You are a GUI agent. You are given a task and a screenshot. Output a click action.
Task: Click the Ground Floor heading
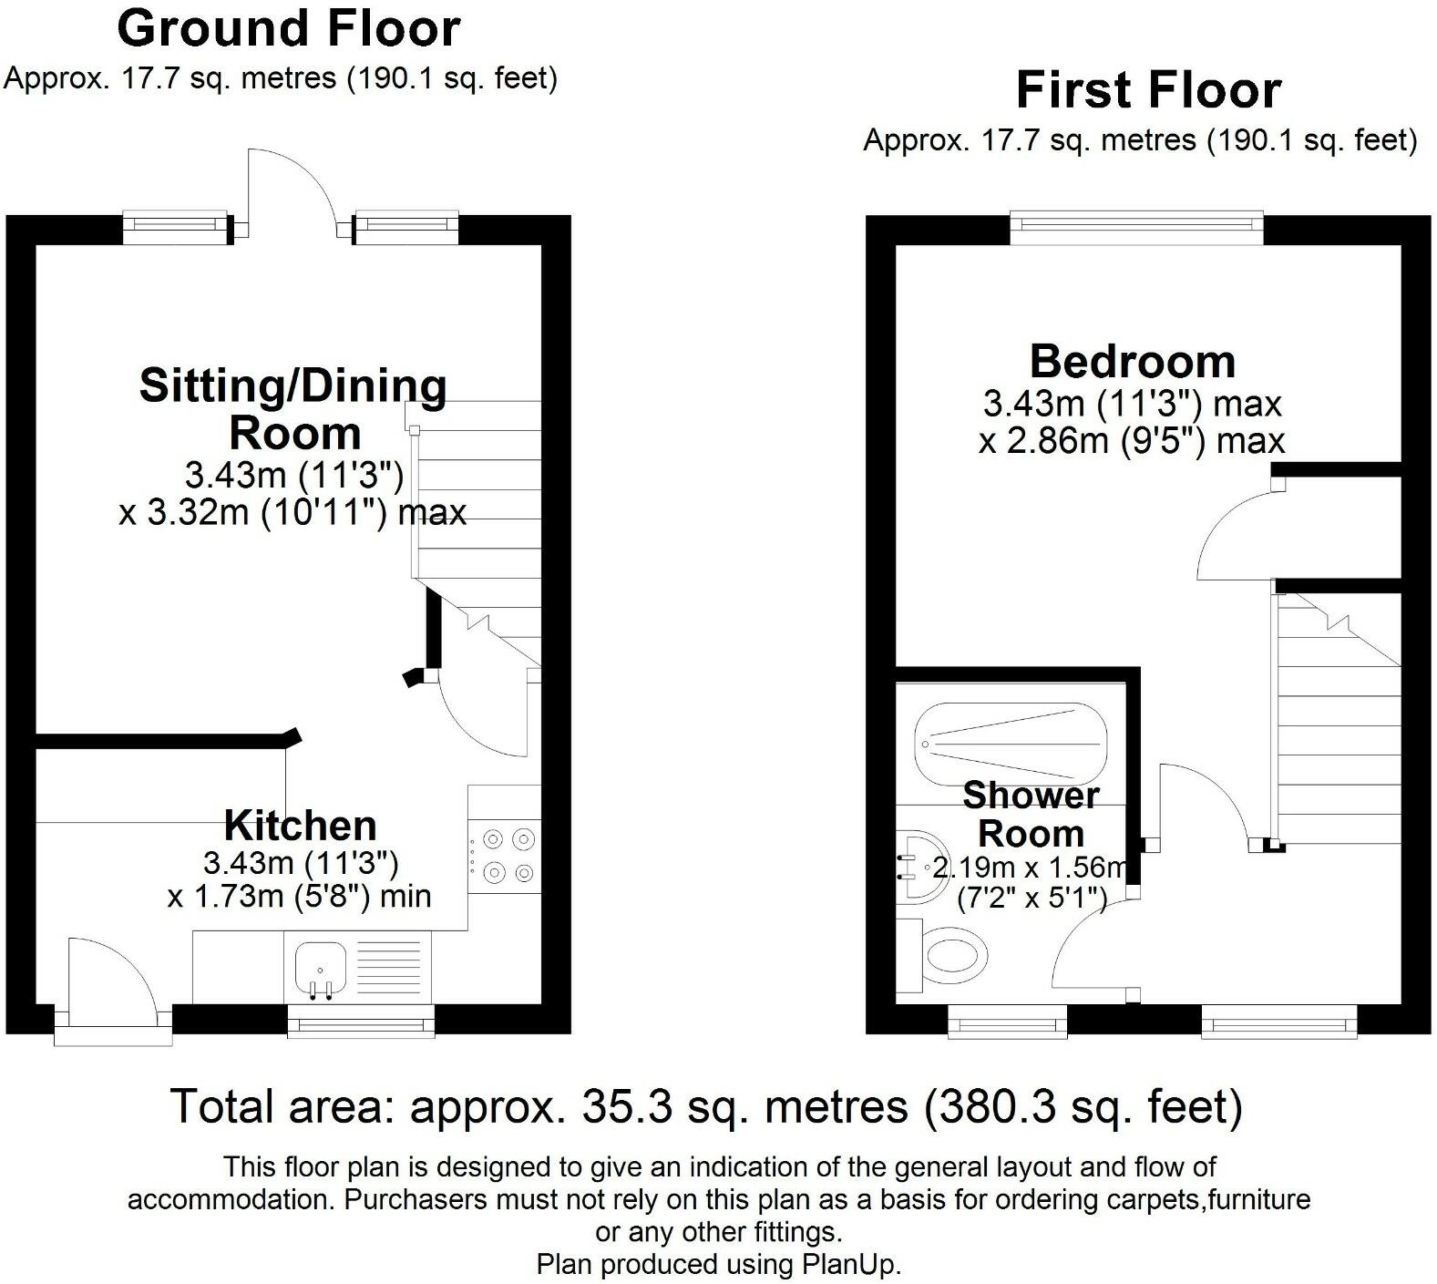point(288,29)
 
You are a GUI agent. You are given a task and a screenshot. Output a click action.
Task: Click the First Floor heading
point(1148,90)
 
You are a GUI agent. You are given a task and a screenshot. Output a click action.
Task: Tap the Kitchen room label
point(300,826)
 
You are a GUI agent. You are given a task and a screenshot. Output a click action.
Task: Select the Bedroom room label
point(1132,362)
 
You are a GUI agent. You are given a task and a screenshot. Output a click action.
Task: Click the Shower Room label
point(1031,814)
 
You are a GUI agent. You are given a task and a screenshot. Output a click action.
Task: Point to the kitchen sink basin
point(320,966)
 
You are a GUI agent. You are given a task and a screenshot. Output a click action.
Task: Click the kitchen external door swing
point(114,975)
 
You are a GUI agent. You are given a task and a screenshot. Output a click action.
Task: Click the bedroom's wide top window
point(1136,228)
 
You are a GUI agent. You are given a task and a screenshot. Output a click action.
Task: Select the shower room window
point(1008,1022)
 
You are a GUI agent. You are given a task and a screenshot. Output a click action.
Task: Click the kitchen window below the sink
point(361,1022)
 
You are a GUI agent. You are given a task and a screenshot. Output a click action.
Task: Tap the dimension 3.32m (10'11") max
point(293,513)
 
